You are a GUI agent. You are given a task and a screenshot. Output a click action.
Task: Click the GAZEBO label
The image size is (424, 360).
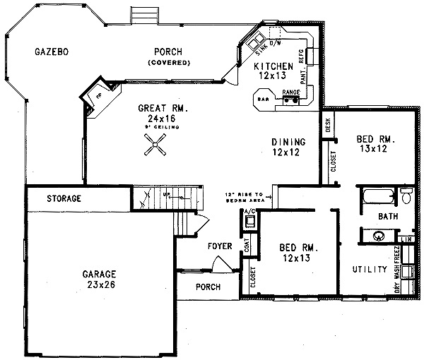coord(54,52)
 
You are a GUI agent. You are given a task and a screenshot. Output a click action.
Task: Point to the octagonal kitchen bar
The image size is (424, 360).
coord(264,99)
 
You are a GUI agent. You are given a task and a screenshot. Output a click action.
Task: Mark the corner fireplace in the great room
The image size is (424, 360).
coord(93,98)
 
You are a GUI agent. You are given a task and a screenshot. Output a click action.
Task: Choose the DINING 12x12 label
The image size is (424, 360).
coord(288,147)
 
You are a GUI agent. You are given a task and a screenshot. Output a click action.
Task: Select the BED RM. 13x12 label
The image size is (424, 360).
coord(375,145)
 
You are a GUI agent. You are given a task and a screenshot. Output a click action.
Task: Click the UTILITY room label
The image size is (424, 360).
coord(369,270)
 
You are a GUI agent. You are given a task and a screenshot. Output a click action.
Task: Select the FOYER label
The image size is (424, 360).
coord(220,246)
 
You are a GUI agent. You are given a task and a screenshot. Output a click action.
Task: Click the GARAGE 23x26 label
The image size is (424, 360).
coord(98,279)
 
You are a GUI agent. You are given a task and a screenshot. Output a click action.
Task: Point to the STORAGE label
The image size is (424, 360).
coord(64,198)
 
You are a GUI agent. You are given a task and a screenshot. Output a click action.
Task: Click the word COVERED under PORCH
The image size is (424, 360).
coord(169,63)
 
